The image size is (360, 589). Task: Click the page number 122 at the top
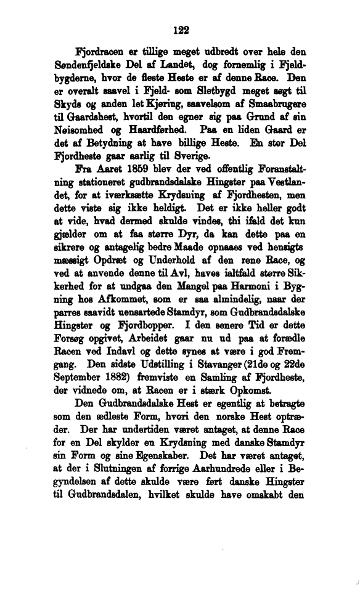click(180, 29)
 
